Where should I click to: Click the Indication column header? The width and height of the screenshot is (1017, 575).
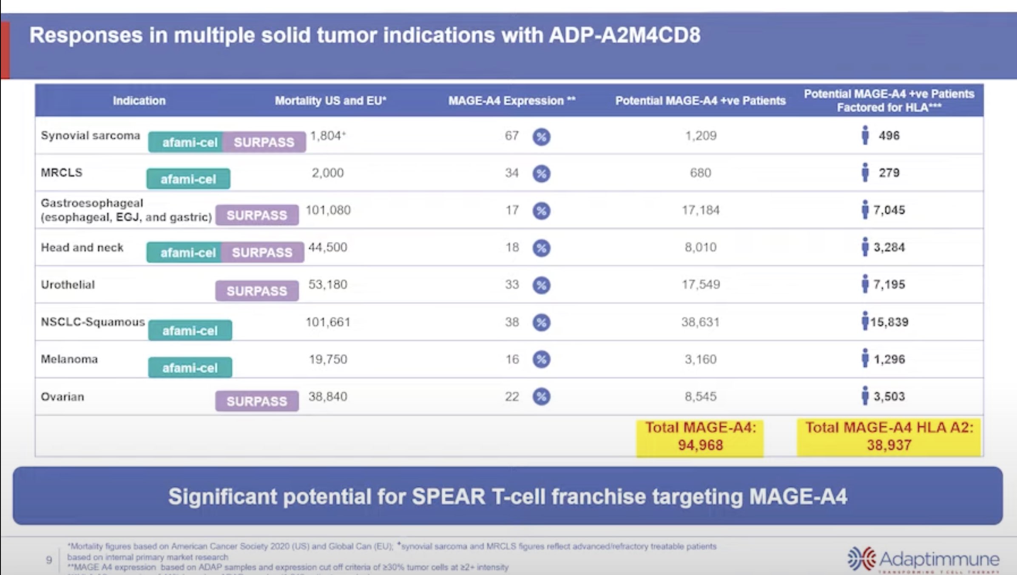click(139, 101)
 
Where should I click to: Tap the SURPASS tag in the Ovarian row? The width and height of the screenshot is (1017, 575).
click(257, 401)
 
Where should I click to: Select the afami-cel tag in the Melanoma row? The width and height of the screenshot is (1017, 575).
click(190, 367)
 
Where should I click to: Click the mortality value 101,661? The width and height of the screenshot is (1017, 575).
click(328, 322)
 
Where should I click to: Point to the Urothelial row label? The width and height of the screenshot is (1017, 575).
click(68, 285)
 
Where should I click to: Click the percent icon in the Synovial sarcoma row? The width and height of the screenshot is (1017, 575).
click(541, 137)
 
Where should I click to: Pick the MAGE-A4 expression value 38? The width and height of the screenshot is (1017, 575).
click(512, 322)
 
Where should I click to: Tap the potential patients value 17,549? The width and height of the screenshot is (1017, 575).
click(701, 285)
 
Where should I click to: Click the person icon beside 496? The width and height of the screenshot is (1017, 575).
click(865, 135)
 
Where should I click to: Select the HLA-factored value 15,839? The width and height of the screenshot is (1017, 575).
click(889, 322)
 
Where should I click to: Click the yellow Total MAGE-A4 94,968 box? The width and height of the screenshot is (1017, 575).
click(700, 437)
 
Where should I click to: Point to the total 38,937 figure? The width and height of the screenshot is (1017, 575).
click(889, 445)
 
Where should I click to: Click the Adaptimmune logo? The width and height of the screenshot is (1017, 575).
click(923, 559)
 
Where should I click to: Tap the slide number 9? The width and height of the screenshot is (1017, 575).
click(49, 560)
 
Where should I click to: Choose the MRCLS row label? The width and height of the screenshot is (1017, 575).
click(62, 173)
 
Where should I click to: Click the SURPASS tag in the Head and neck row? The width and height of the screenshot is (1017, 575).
click(262, 253)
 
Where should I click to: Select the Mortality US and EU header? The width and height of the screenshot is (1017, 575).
click(330, 101)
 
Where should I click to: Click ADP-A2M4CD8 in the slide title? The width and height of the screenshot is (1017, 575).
click(625, 35)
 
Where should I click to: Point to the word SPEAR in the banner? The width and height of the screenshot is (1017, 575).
click(449, 496)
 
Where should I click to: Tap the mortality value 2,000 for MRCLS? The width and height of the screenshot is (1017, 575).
click(328, 173)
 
